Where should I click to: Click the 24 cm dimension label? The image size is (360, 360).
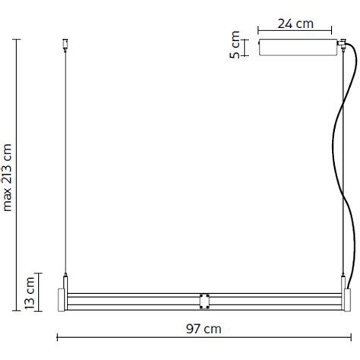coord(295,24)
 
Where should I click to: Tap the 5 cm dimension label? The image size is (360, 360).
coord(235,45)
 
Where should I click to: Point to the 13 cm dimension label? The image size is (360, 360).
coord(30,292)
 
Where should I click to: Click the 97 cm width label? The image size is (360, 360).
coord(204,329)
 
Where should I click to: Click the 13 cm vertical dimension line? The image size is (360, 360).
coord(40,292)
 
